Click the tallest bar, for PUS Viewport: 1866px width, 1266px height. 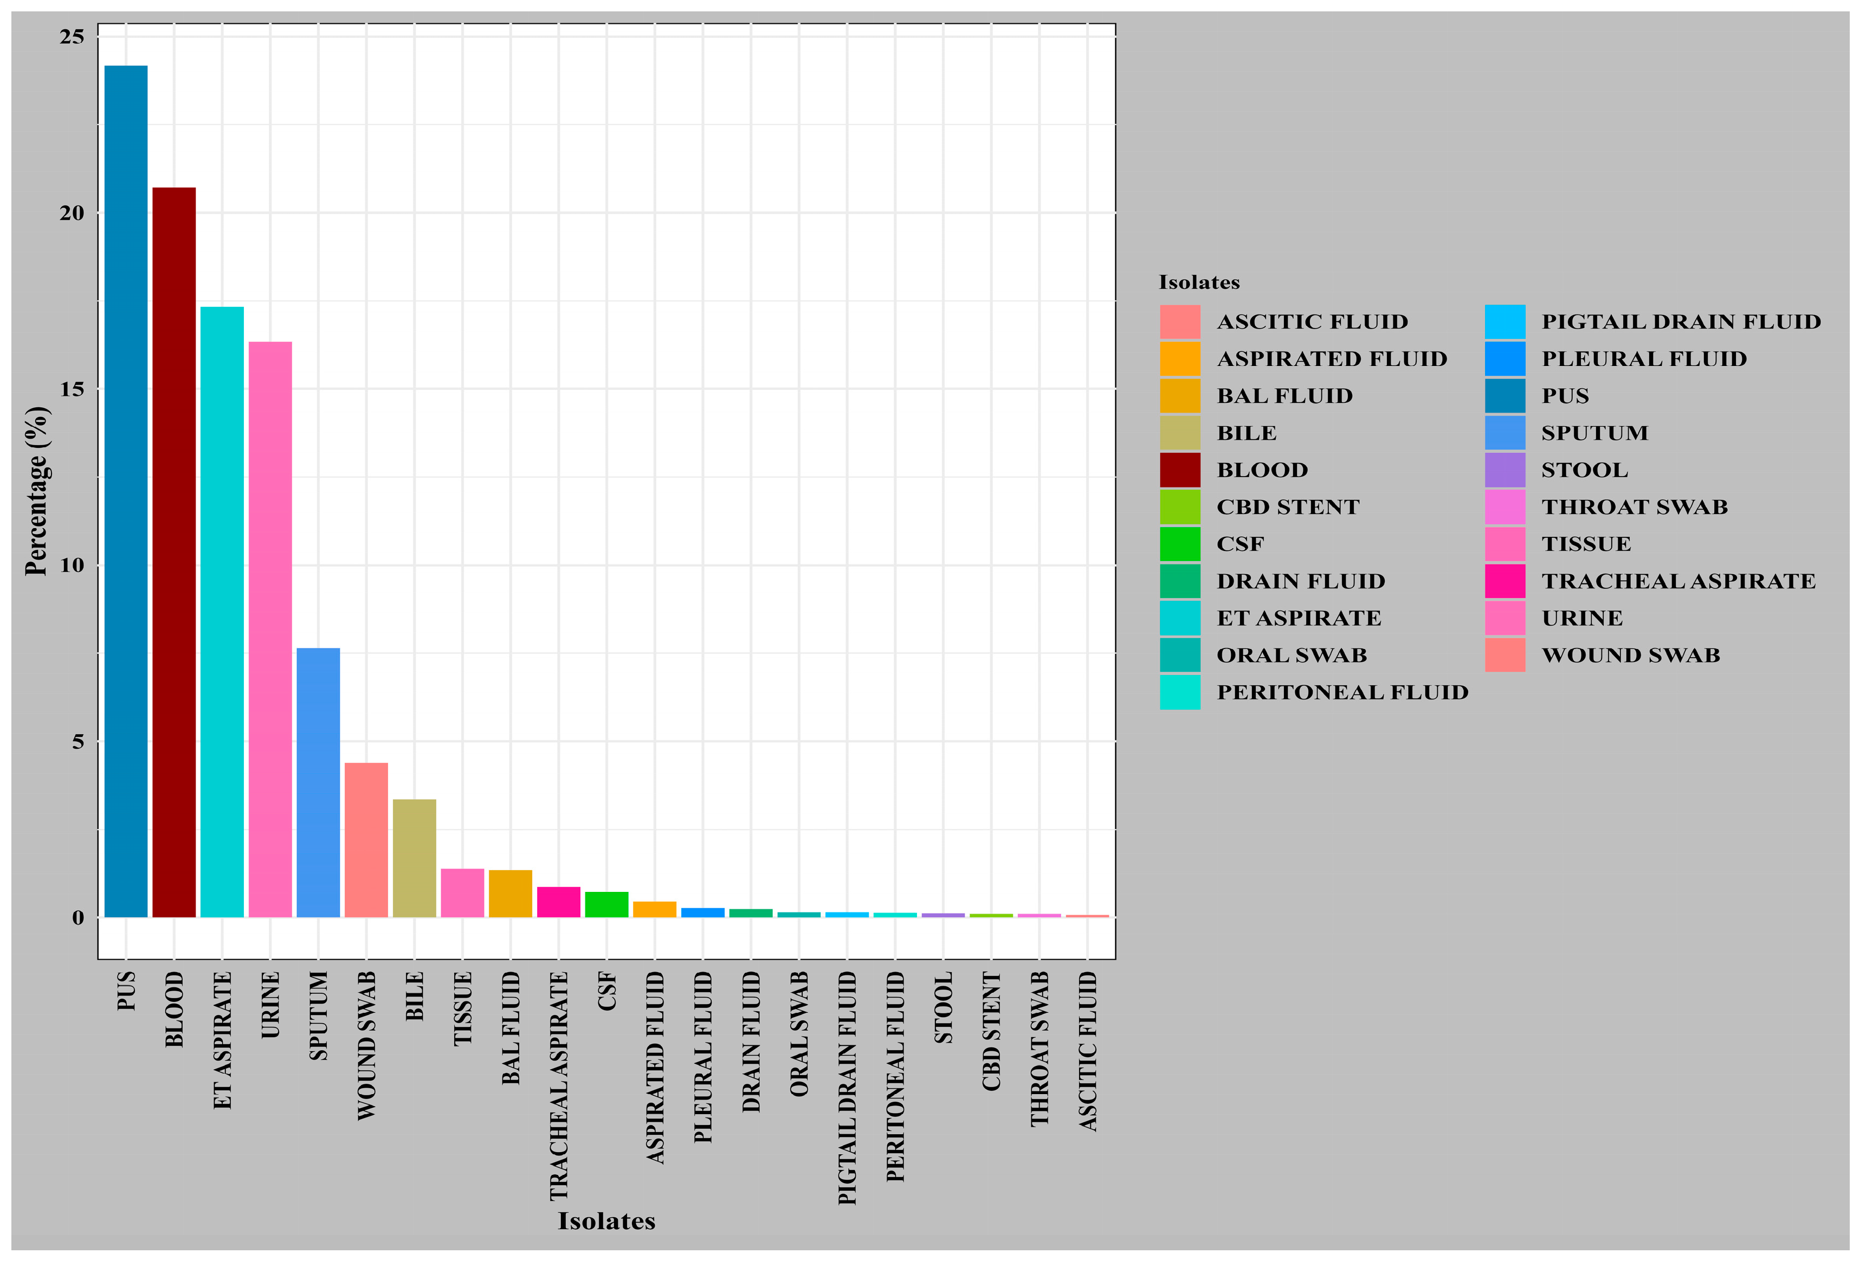[126, 491]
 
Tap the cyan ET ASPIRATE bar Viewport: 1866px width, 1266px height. [222, 611]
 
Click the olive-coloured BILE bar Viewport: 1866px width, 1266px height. [414, 858]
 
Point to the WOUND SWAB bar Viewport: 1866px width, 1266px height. [366, 839]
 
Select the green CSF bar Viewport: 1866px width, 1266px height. [606, 904]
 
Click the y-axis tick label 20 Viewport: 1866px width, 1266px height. [72, 213]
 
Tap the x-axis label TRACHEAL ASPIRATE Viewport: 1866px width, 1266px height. [559, 1086]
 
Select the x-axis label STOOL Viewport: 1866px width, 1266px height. [944, 1007]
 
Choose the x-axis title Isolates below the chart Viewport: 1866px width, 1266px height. [606, 1221]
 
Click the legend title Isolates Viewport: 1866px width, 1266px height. [1199, 282]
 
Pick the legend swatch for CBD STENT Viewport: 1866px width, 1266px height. [1179, 507]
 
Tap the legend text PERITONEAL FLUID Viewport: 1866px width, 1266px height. [1342, 692]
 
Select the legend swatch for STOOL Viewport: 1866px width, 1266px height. [1505, 470]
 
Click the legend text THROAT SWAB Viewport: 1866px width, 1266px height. [1634, 507]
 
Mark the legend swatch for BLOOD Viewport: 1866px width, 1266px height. [1179, 470]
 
